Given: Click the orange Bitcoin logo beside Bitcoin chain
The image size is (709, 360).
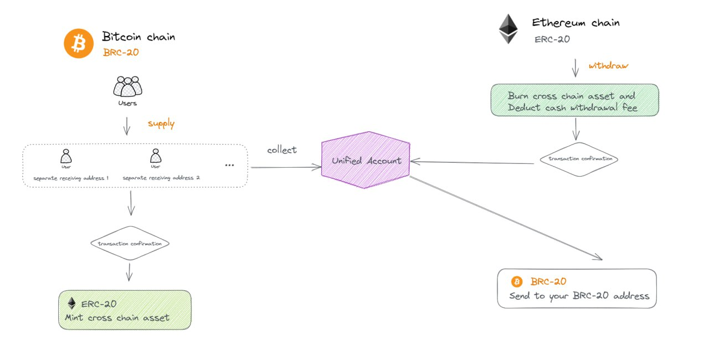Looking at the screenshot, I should tap(79, 43).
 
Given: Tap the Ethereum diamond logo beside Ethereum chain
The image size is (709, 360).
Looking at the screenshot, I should tap(508, 29).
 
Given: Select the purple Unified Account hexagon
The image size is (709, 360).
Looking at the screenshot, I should tap(366, 161).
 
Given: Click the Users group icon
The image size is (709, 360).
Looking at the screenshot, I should tap(127, 86).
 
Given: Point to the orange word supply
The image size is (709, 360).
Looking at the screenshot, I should tap(161, 124).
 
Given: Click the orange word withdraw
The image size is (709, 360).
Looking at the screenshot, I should tap(608, 66).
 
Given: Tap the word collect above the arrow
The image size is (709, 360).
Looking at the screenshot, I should tap(281, 150).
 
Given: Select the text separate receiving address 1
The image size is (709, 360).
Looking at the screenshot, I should tap(71, 178).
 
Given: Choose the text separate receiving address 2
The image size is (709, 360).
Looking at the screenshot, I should tap(161, 178).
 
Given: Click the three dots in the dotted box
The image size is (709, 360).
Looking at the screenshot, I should tap(229, 165).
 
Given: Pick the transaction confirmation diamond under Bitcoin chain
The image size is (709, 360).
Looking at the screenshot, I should tap(130, 243).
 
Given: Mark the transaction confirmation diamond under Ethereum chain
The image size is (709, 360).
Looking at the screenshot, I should tap(578, 159).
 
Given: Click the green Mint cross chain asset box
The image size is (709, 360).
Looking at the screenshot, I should tap(125, 310).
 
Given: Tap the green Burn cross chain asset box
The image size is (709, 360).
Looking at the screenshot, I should tap(574, 100).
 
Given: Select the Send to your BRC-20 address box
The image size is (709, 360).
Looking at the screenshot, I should tap(577, 289).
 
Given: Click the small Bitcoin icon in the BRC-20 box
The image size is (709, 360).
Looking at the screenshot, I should tap(517, 281).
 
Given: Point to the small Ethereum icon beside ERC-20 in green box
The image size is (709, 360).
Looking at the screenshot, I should tap(71, 304).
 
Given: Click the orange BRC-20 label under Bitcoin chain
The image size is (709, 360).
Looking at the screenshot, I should tap(121, 53).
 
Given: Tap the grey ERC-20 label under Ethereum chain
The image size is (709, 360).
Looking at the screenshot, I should tap(552, 39).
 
